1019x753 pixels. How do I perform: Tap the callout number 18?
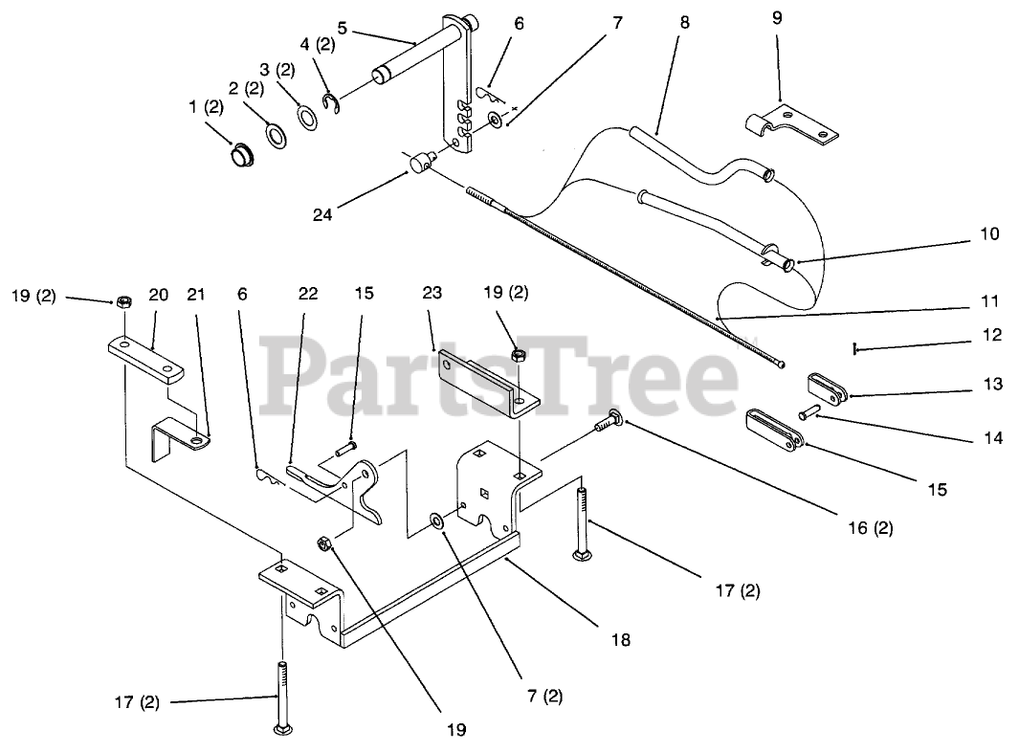pos(621,639)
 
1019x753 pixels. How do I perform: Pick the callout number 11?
pos(989,301)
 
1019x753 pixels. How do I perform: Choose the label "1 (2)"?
pos(206,108)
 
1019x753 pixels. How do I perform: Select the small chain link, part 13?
pos(828,387)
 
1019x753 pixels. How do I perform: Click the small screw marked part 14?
pos(809,412)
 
